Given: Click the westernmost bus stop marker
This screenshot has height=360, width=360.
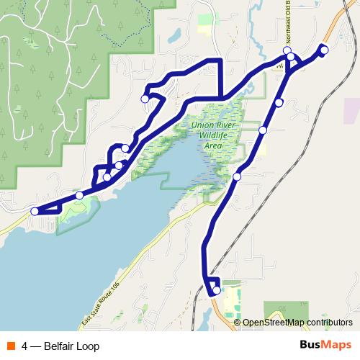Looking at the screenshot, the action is (35, 211).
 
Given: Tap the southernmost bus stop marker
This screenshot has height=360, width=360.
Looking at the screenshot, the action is (216, 290).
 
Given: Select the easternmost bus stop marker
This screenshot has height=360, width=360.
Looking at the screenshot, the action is (324, 50).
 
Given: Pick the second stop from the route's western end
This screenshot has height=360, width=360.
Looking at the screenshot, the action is (79, 195).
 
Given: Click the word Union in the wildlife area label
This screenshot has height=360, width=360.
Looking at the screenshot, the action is (204, 124).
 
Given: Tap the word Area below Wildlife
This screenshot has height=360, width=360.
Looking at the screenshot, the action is (213, 145).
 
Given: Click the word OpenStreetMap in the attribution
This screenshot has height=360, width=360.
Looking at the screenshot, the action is (274, 323).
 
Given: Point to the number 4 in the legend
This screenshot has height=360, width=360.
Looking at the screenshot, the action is (25, 346).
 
